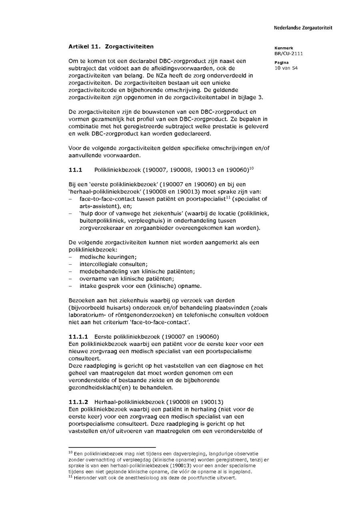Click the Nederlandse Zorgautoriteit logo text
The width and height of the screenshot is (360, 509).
tap(303, 28)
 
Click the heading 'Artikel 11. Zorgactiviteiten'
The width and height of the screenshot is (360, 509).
tap(111, 47)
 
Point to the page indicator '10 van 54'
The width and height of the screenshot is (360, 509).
tap(286, 68)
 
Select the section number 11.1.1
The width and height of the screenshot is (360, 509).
tap(78, 336)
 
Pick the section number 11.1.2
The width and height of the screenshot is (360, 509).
tap(78, 402)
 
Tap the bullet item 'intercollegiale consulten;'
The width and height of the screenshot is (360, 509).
tap(108, 264)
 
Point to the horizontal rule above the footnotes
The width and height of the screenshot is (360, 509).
tap(112, 447)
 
